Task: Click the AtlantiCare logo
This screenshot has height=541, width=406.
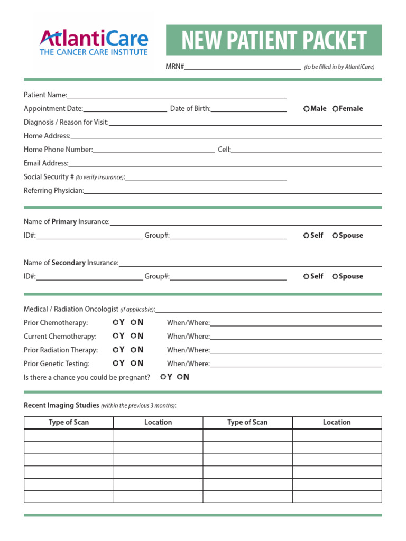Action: pos(94,42)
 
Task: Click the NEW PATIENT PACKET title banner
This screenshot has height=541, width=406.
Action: pos(274,40)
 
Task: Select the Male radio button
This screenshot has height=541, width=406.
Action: pos(307,109)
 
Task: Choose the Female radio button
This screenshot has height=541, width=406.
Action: pos(335,109)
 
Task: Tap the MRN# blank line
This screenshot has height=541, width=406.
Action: pos(242,67)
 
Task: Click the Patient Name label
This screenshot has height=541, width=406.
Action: pos(45,95)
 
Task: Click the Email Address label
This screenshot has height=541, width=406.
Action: pos(46,164)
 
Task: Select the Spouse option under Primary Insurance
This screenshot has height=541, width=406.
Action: pos(335,236)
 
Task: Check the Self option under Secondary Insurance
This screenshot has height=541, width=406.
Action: pos(307,276)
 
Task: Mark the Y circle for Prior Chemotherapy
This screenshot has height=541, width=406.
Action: pos(115,322)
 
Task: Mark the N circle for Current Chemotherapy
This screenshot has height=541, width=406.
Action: pos(134,336)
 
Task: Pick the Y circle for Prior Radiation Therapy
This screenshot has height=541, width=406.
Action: pos(115,350)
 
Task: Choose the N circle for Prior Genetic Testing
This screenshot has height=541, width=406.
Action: pos(134,363)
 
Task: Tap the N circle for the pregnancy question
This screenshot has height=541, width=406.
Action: pos(180,377)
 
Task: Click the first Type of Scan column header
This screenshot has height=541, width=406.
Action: pos(69,422)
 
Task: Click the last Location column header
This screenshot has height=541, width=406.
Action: pos(337,422)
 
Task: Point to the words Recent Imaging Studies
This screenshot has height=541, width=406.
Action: pos(61,405)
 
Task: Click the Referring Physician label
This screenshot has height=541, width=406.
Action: pos(54,191)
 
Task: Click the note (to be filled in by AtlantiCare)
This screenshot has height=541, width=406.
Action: pos(339,67)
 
